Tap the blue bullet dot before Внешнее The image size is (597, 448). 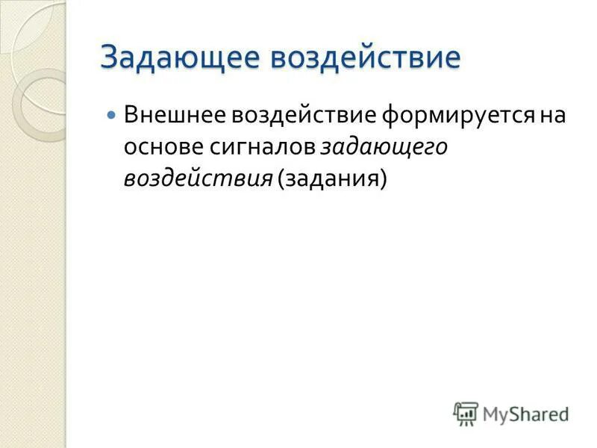(112, 116)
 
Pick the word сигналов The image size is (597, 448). (258, 148)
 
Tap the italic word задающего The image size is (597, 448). (384, 148)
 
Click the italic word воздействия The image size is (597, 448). (198, 180)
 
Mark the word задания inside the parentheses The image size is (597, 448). (332, 180)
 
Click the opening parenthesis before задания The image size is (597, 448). (281, 181)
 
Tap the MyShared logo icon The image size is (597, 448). (466, 414)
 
